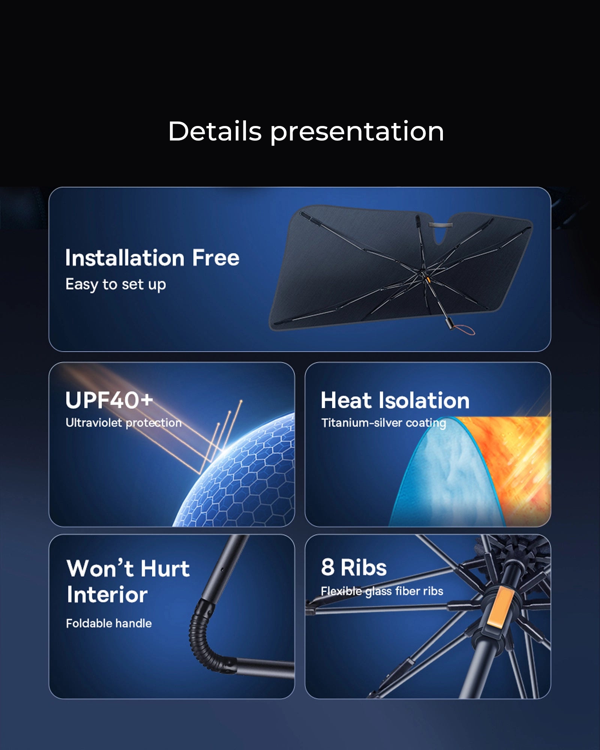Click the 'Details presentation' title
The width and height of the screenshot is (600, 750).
click(306, 132)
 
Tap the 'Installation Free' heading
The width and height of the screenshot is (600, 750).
click(152, 258)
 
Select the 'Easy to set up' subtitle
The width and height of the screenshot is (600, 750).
click(115, 285)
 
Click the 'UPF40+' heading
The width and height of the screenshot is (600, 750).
click(109, 400)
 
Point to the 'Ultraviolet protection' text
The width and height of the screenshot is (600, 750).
click(124, 423)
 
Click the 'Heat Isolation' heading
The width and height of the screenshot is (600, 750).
click(395, 400)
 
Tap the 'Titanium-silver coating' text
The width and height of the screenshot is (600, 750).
click(384, 423)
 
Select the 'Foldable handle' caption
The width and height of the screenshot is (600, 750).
click(109, 623)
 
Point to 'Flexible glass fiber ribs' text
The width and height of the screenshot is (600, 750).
click(382, 591)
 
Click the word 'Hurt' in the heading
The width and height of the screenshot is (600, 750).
click(165, 568)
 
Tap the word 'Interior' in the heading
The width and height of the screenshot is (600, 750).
click(107, 595)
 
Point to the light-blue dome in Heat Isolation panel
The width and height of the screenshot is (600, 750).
click(446, 476)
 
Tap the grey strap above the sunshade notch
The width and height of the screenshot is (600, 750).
click(441, 225)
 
